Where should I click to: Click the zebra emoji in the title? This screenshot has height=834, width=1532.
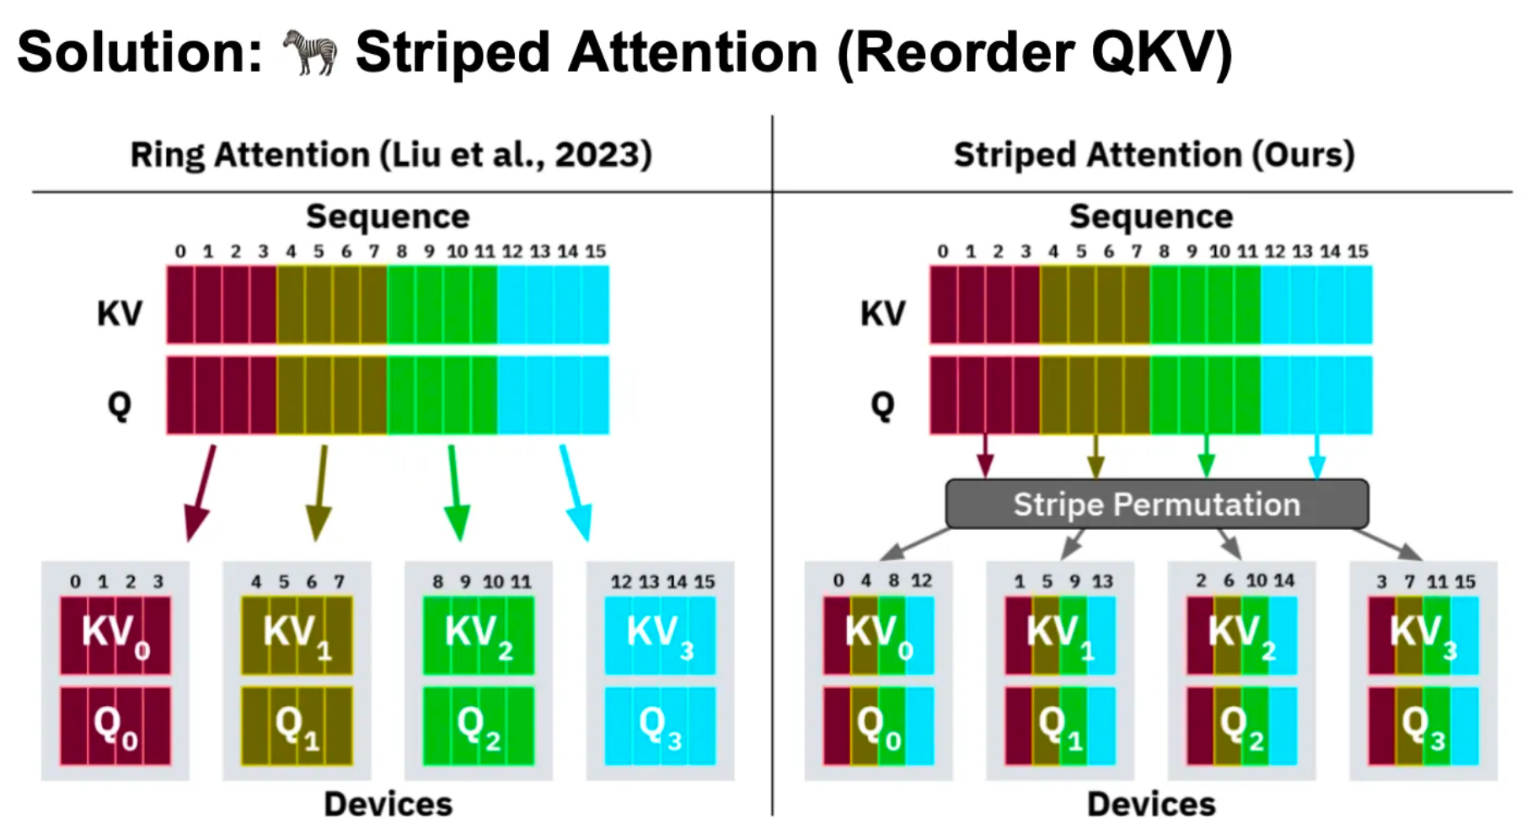309,52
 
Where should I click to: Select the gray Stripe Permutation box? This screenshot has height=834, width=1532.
1156,504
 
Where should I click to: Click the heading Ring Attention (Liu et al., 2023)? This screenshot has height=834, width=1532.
391,155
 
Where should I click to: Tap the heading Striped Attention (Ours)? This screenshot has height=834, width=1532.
1154,155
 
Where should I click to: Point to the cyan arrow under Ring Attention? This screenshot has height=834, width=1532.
575,492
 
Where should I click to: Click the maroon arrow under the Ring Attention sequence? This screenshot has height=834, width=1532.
201,492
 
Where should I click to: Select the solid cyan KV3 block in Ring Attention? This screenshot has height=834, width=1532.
660,635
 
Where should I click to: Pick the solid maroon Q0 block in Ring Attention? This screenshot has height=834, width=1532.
115,726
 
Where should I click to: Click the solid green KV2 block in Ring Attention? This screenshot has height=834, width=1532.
478,635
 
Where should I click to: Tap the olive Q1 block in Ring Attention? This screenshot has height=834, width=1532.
297,726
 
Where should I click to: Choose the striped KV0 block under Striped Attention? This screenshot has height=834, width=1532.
878,635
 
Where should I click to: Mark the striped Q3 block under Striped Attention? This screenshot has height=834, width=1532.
1423,726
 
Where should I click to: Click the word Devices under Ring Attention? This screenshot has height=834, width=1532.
388,805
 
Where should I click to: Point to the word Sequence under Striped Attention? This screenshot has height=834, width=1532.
1151,217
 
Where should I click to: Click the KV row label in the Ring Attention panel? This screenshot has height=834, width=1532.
120,313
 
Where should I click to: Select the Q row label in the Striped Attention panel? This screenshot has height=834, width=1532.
882,404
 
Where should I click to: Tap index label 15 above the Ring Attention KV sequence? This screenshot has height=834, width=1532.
596,251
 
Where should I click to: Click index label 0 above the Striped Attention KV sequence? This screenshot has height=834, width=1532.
943,251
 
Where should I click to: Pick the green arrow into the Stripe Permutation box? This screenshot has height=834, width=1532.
1207,457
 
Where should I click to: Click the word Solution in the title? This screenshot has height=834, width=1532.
139,52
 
